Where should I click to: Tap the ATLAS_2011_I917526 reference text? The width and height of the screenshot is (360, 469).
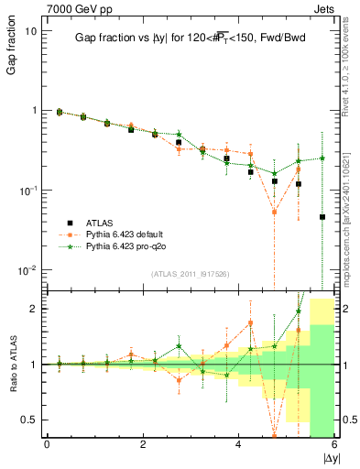pyautogui.click(x=190, y=275)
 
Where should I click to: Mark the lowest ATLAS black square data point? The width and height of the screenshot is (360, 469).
pyautogui.click(x=322, y=217)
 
